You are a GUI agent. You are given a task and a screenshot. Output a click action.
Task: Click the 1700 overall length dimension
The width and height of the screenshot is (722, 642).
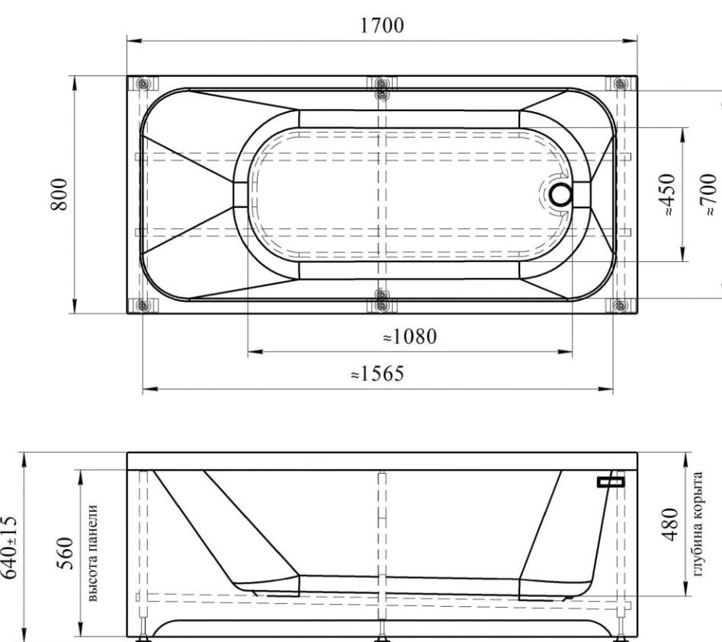382,25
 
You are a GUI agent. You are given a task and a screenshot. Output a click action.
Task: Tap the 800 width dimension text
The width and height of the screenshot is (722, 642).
59,194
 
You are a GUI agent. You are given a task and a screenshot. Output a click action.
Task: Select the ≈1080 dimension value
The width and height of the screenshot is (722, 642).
410,337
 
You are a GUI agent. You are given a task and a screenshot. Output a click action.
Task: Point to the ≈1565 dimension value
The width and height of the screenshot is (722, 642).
377,373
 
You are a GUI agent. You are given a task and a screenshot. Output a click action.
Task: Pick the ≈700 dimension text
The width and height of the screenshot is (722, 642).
708,194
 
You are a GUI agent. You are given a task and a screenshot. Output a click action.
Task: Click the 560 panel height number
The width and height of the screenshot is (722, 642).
66,553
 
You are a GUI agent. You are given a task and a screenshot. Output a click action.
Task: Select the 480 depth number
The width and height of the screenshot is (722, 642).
669,524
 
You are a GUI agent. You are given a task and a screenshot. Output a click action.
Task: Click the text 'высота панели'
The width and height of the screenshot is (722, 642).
92,553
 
